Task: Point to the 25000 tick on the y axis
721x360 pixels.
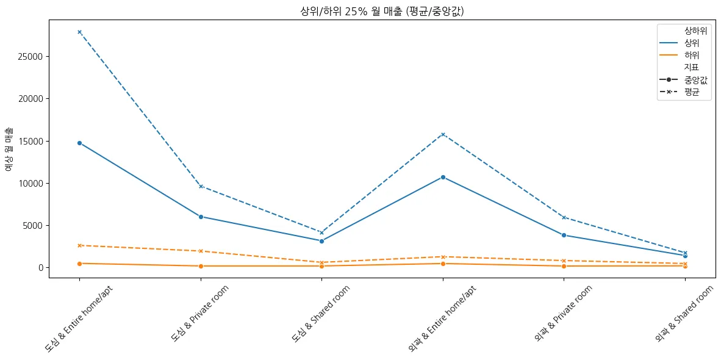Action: point(30,57)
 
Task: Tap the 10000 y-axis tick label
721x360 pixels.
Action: point(30,183)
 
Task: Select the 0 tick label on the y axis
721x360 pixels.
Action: point(40,268)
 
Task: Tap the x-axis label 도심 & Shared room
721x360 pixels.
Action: point(321,312)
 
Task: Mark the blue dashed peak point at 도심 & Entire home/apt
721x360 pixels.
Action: point(79,32)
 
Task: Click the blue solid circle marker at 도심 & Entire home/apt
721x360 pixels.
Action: point(79,143)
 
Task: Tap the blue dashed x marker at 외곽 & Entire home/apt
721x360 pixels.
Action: point(443,134)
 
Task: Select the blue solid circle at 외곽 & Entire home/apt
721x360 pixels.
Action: point(443,177)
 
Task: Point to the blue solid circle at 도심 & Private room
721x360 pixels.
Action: point(201,217)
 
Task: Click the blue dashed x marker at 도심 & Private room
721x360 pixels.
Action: point(201,186)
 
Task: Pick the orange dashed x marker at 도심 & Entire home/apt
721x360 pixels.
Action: point(79,245)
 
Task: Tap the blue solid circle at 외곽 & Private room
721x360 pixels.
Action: point(564,235)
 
